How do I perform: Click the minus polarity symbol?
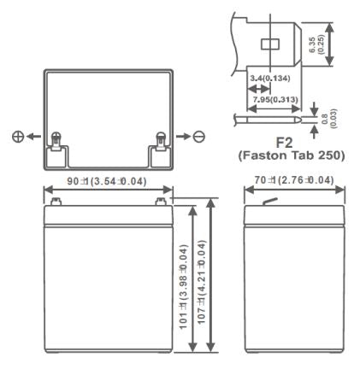(198, 137)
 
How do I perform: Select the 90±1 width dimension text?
(108, 182)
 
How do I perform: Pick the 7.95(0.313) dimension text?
(275, 98)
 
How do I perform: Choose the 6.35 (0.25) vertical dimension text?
(341, 41)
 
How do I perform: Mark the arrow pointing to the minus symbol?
(181, 137)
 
